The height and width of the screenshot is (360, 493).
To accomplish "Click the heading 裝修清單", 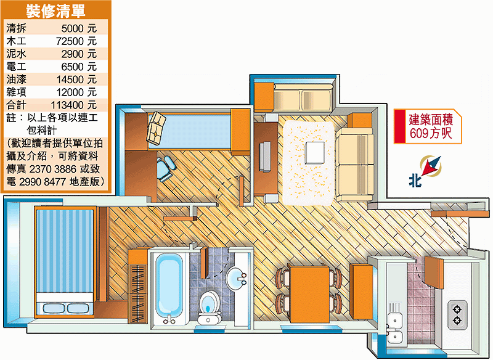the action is [55, 11].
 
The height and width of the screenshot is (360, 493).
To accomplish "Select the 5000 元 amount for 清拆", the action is [79, 28].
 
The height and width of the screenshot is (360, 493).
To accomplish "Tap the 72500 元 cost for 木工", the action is [76, 41].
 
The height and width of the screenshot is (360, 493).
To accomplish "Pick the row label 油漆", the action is [17, 80].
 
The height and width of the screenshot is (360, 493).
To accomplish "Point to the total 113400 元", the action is [73, 105].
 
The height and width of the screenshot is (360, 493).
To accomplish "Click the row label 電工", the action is [17, 67].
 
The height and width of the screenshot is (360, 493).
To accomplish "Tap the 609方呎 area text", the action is [431, 133].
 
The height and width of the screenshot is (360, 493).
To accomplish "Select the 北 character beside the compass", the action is [415, 181].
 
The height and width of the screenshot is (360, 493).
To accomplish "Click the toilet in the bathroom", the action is [209, 307].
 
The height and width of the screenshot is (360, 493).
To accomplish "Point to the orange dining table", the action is [309, 294].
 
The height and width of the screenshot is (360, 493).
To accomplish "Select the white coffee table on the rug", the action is [314, 153].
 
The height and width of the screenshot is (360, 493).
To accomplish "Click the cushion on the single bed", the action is [156, 128].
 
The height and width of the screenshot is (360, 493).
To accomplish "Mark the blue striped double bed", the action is [65, 261].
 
